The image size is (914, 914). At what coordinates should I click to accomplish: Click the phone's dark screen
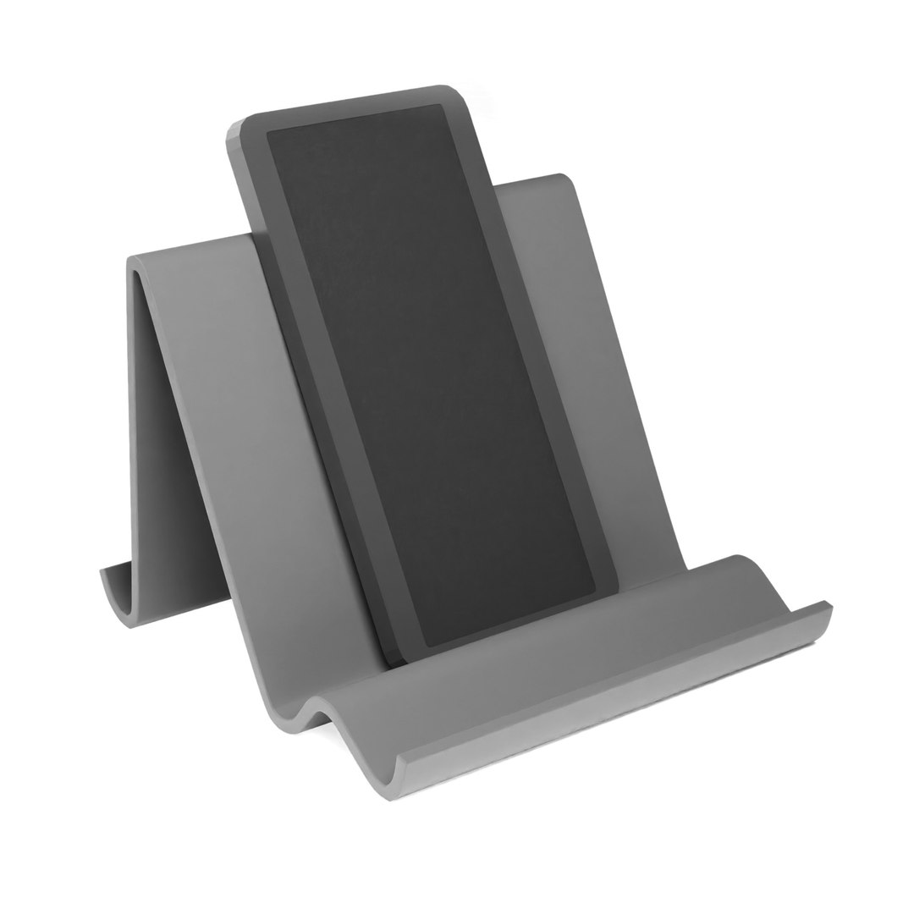[432, 372]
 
